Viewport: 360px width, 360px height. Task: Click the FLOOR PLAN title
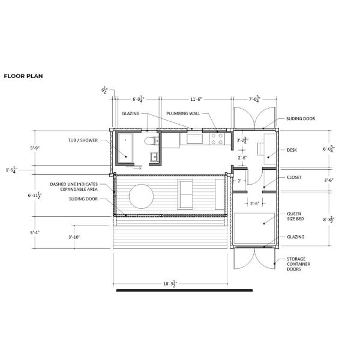[x=23, y=76]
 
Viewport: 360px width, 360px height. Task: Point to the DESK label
[x=292, y=150]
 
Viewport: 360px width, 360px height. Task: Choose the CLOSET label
[x=295, y=178]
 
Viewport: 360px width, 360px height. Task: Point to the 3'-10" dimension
[x=75, y=237]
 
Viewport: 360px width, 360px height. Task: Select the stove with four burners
[x=217, y=139]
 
